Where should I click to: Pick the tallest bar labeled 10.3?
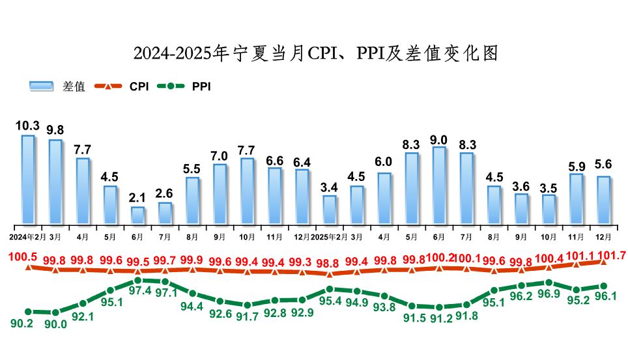28,179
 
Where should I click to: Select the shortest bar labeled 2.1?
137,215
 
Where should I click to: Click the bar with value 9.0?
439,185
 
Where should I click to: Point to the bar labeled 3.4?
330,209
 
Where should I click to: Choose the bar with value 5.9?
576,198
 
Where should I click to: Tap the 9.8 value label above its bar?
55,129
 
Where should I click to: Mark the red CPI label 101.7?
611,255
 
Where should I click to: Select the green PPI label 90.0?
55,324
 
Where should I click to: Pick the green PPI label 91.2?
439,318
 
